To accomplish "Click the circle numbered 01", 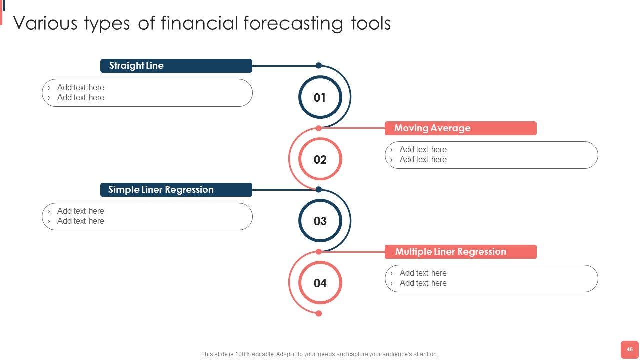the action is point(320,76).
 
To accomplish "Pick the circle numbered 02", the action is point(320,139).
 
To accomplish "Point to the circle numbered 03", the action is point(320,200).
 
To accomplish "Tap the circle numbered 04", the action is point(320,262).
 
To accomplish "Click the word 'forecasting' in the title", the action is point(293,24).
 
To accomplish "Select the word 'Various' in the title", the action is point(45,23).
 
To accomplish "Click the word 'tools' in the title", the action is point(371,23).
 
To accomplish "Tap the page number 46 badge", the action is point(629,349).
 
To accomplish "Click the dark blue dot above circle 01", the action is point(319,65).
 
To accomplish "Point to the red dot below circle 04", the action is point(319,313).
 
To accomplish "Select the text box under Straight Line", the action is point(147,93).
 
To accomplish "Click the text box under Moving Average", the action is point(491,155).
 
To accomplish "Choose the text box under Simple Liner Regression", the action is point(147,217).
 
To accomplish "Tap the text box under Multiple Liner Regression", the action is point(491,279).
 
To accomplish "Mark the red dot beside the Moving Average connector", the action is point(319,128).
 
